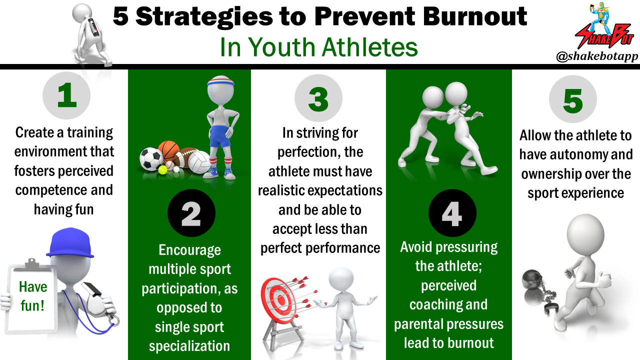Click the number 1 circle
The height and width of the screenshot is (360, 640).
pyautogui.click(x=66, y=95)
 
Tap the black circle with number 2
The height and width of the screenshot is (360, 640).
pyautogui.click(x=191, y=213)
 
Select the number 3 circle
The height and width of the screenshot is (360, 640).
pyautogui.click(x=318, y=98)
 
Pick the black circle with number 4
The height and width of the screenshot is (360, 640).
pyautogui.click(x=452, y=213)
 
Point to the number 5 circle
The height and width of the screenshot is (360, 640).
pyautogui.click(x=573, y=99)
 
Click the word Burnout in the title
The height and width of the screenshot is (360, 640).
pyautogui.click(x=475, y=16)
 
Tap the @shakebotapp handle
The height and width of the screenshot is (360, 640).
pyautogui.click(x=597, y=56)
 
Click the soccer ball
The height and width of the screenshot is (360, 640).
pyautogui.click(x=151, y=159)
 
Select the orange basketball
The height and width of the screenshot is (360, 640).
pyautogui.click(x=168, y=151)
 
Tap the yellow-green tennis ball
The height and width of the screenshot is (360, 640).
pyautogui.click(x=162, y=170)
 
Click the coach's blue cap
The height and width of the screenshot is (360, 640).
pyautogui.click(x=70, y=242)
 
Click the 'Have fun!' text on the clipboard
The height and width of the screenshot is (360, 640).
pyautogui.click(x=32, y=296)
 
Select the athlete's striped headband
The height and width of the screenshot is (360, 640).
pyautogui.click(x=220, y=81)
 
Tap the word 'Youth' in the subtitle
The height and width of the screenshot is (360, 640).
pyautogui.click(x=281, y=47)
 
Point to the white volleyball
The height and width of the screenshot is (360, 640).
pyautogui.click(x=199, y=162)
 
